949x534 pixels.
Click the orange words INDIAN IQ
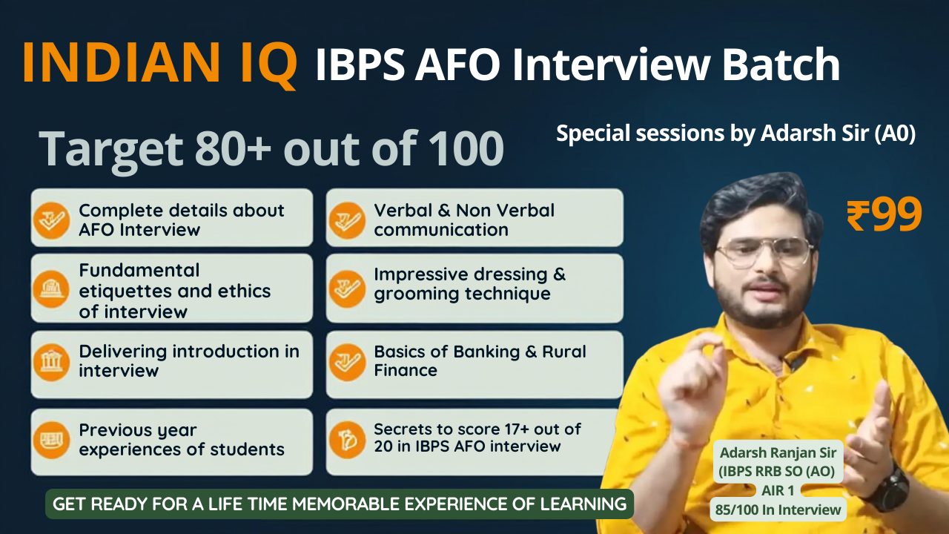pyautogui.click(x=159, y=64)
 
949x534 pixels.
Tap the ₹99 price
pyautogui.click(x=884, y=215)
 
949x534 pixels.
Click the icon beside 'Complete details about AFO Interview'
pyautogui.click(x=51, y=220)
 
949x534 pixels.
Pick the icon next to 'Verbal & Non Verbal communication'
pyautogui.click(x=346, y=220)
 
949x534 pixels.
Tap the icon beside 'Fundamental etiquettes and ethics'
pyautogui.click(x=51, y=289)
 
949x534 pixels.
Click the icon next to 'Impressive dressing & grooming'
pyautogui.click(x=346, y=289)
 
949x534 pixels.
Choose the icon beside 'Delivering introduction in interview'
pyautogui.click(x=51, y=363)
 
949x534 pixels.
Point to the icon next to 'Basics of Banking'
pyautogui.click(x=346, y=363)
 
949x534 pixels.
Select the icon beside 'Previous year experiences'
pyautogui.click(x=51, y=441)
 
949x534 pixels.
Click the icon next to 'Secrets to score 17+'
pyautogui.click(x=346, y=441)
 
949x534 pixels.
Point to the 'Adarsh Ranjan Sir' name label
pyautogui.click(x=778, y=452)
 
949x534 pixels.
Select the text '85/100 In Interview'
pyautogui.click(x=778, y=510)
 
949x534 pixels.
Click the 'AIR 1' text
pyautogui.click(x=778, y=490)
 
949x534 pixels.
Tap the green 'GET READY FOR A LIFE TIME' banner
pyautogui.click(x=340, y=504)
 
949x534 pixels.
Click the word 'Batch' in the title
pyautogui.click(x=781, y=65)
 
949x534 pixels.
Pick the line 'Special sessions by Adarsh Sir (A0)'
pyautogui.click(x=736, y=133)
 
